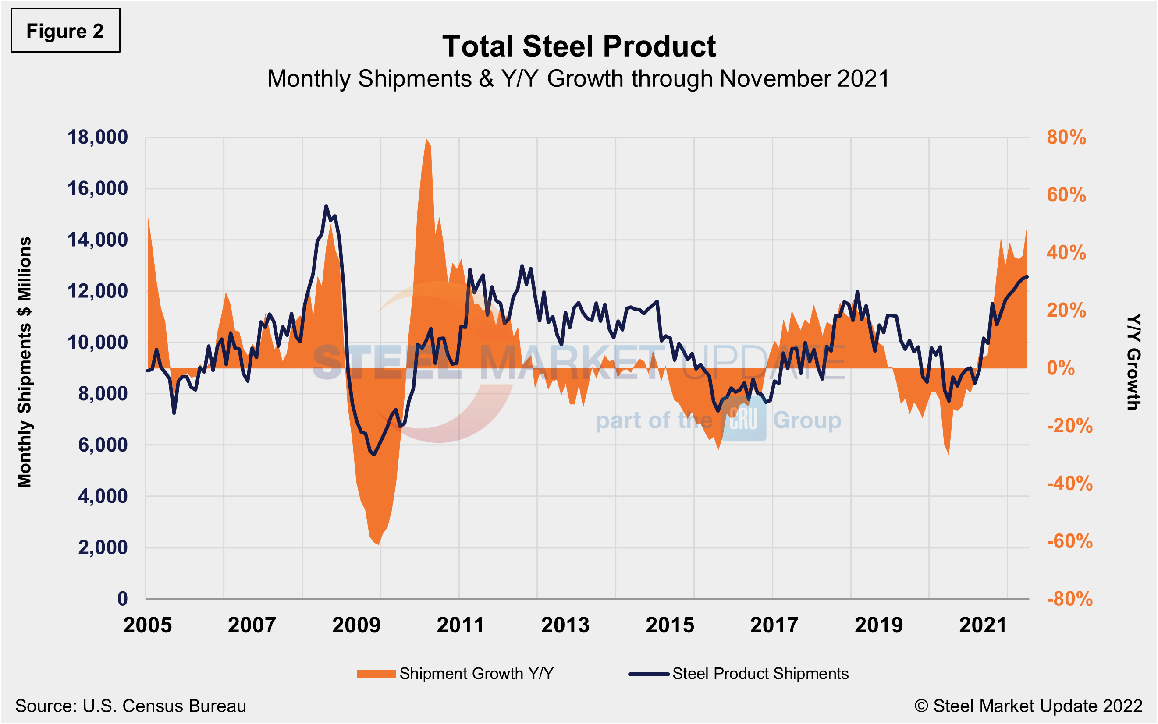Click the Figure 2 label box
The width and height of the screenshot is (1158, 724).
[65, 31]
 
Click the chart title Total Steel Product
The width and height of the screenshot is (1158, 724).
[578, 46]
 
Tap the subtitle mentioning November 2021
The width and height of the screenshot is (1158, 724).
[578, 78]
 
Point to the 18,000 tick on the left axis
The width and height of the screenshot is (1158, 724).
[97, 138]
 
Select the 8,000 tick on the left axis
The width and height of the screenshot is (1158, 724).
[103, 394]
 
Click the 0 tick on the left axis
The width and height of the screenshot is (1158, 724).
[123, 599]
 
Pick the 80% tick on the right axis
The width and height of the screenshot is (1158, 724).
[1066, 138]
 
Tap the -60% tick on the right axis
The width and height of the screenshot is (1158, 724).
[1069, 541]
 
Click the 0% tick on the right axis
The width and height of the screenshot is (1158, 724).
[1060, 368]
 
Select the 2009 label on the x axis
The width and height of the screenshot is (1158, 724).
[356, 625]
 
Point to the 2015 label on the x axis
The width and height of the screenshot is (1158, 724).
[669, 625]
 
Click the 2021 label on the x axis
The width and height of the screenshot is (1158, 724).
[983, 625]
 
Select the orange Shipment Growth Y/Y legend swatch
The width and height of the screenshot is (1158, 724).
[376, 674]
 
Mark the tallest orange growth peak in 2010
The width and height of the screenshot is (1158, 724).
[426, 139]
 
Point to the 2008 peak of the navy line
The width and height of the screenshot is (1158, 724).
[326, 206]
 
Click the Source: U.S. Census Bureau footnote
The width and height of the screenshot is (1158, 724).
[130, 706]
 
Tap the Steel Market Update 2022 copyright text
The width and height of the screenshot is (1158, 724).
[1028, 706]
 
